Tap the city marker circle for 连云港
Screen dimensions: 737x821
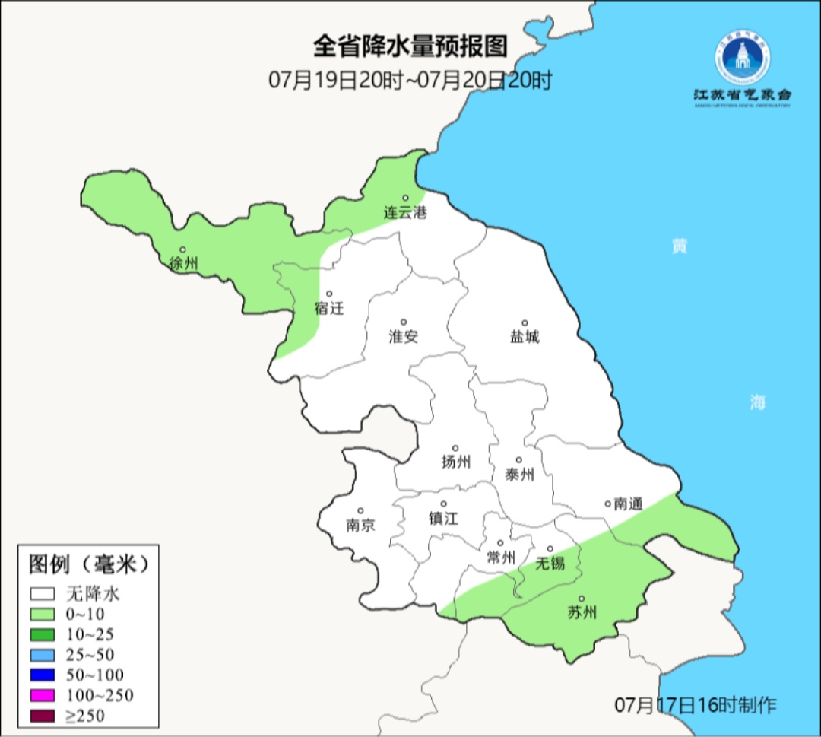pyautogui.click(x=405, y=198)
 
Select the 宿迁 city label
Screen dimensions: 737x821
pyautogui.click(x=329, y=309)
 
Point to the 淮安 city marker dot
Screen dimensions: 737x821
pyautogui.click(x=404, y=322)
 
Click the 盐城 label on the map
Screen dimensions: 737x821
pyautogui.click(x=525, y=337)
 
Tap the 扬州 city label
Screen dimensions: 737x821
pyautogui.click(x=455, y=462)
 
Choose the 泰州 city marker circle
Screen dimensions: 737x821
pyautogui.click(x=519, y=459)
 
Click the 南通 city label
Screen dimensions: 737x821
pyautogui.click(x=628, y=504)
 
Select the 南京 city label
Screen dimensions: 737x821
pyautogui.click(x=360, y=526)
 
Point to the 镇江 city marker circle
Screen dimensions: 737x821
pyautogui.click(x=444, y=504)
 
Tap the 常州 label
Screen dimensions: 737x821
pyautogui.click(x=500, y=558)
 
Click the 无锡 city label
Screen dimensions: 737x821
pyautogui.click(x=550, y=564)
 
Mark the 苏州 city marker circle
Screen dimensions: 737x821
pyautogui.click(x=582, y=599)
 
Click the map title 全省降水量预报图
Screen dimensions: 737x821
pyautogui.click(x=410, y=46)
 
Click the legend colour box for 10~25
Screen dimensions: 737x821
pyautogui.click(x=43, y=634)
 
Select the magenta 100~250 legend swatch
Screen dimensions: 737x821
pyautogui.click(x=43, y=695)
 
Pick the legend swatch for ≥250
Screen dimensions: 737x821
pyautogui.click(x=43, y=716)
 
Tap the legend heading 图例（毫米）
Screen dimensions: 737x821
pyautogui.click(x=88, y=564)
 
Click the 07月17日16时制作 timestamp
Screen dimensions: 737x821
pyautogui.click(x=696, y=705)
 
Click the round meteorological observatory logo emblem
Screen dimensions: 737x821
pyautogui.click(x=742, y=58)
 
